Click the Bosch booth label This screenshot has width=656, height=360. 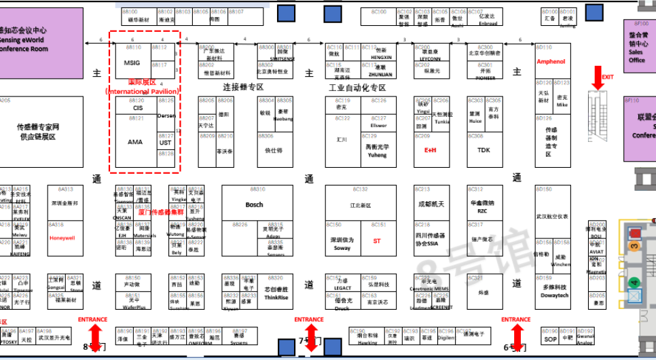tap(254, 204)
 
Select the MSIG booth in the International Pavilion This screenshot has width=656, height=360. tap(132, 62)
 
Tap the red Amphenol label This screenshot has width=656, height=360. tap(551, 62)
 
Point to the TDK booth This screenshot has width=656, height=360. tap(484, 150)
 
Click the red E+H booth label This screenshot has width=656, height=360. tap(430, 150)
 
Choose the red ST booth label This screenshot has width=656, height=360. tap(377, 240)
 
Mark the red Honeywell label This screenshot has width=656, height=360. tap(61, 238)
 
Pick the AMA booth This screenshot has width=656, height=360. tap(135, 142)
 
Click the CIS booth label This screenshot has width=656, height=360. tap(138, 108)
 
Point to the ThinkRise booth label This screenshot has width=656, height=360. tap(276, 297)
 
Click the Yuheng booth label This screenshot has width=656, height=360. tap(377, 154)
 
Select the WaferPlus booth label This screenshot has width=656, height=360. tap(136, 307)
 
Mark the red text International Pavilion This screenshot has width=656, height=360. tap(143, 90)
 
